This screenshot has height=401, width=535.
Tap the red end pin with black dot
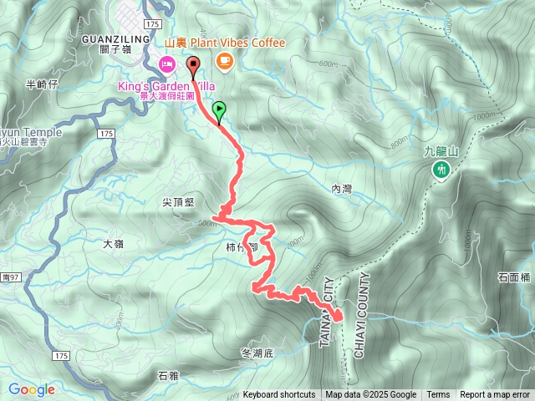point(193,64)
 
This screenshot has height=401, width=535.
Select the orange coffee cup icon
point(224,60)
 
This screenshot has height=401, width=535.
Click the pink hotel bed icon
point(166,63)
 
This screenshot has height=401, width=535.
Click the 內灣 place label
point(341,190)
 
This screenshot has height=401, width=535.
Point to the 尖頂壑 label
point(178,202)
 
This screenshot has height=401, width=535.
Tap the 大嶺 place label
point(113,244)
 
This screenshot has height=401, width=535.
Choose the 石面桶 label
point(514,277)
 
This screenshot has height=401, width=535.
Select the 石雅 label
point(168,377)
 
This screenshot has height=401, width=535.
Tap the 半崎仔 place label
point(42,84)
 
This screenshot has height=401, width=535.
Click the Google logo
point(31,389)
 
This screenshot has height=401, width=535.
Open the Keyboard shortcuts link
point(279,395)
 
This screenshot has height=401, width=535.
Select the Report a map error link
point(495,395)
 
